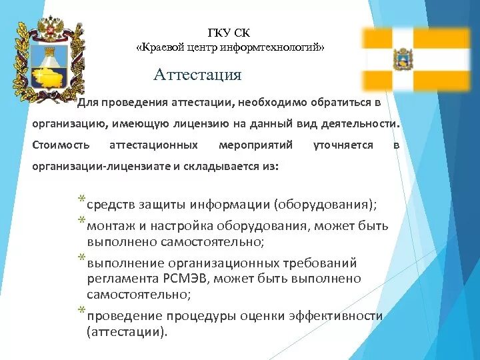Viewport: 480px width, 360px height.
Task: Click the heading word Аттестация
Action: [x=197, y=74]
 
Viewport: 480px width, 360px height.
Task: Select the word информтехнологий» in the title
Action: [x=283, y=47]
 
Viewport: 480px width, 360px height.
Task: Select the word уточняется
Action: [x=343, y=145]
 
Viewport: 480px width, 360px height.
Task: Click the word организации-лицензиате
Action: [x=101, y=166]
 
